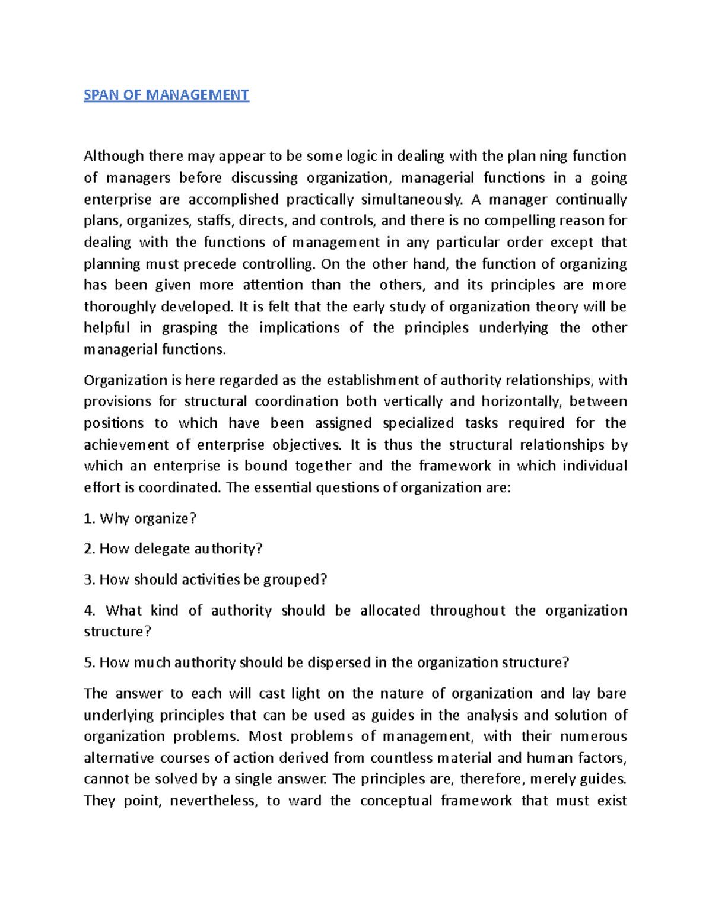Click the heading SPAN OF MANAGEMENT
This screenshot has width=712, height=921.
point(166,95)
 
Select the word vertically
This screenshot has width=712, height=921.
point(413,401)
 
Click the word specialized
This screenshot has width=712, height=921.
point(418,423)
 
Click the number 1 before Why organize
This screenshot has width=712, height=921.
point(88,518)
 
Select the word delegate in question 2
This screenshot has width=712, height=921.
point(154,549)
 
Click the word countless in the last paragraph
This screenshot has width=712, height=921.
point(402,758)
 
